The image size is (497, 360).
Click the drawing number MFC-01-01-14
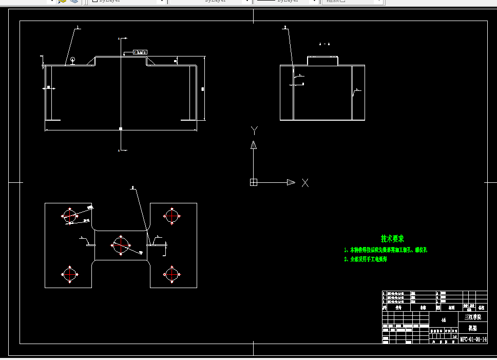coord(473,339)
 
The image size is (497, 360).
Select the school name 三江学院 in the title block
coord(473,317)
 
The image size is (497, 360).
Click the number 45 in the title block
coord(444,320)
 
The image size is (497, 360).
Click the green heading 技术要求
coord(392,239)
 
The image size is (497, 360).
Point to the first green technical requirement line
coord(386,250)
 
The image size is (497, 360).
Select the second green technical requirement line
coord(366,259)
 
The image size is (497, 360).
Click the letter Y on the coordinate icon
coord(254,130)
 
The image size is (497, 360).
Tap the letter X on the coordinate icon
coord(305,182)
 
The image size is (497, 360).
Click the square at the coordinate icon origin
coord(253,182)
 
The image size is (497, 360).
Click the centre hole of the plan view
coord(121,244)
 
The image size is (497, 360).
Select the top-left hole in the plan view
coord(69,215)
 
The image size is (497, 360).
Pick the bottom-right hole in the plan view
coord(172,275)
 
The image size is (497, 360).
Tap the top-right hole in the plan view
coord(172,215)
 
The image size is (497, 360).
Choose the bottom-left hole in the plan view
coord(69,275)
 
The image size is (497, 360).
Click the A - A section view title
coord(324,44)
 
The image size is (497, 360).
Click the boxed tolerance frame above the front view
coord(140,52)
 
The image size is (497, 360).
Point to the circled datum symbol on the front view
coord(73,60)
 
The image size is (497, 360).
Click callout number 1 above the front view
coord(78,27)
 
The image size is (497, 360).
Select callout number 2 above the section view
coord(285,27)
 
